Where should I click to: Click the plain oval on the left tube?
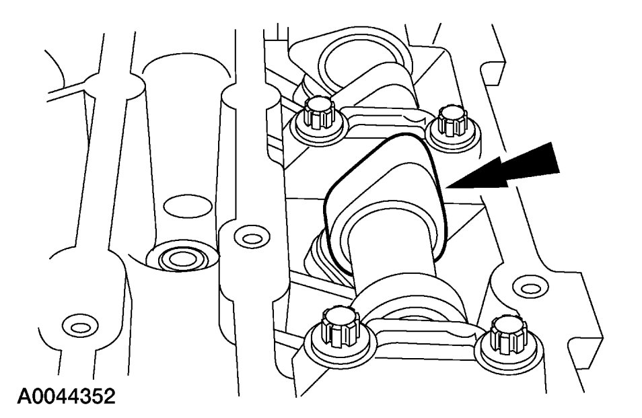(181, 204)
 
